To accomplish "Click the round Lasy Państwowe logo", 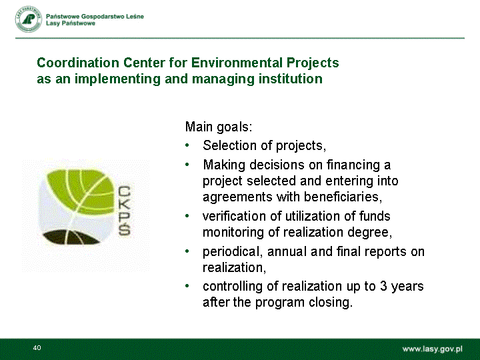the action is tap(28, 19).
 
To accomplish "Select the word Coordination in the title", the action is tap(78, 63).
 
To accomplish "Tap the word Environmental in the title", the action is tap(236, 63).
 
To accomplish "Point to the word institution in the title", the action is tap(291, 79).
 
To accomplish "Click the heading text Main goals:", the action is tap(219, 127).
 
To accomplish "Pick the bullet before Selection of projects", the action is tap(187, 145).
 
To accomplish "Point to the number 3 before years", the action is tap(383, 286).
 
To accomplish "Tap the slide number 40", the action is tap(37, 348).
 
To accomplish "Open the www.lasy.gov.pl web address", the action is tap(432, 349).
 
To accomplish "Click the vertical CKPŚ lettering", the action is tap(124, 211).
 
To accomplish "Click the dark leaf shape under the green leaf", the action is tap(71, 237).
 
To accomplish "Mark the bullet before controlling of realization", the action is tap(187, 286).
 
